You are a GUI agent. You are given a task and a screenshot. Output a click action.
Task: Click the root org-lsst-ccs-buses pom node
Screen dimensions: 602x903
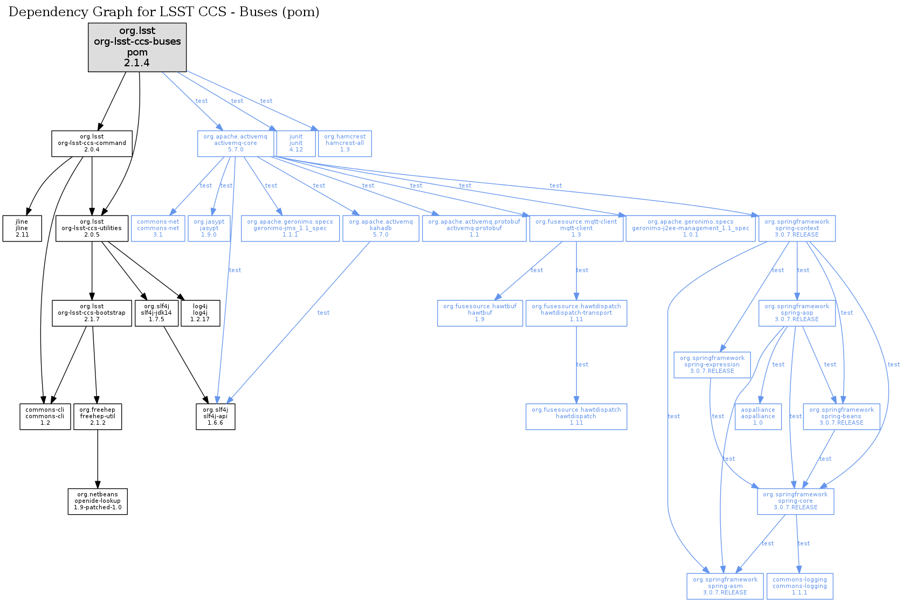[x=137, y=47]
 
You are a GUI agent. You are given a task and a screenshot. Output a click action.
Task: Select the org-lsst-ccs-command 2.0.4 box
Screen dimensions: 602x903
[x=92, y=143]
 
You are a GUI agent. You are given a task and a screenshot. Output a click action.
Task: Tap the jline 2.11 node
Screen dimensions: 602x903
[x=22, y=228]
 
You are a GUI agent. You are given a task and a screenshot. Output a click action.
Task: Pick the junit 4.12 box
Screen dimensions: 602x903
[x=296, y=143]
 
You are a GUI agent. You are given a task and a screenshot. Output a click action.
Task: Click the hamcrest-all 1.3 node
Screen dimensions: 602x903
[x=344, y=143]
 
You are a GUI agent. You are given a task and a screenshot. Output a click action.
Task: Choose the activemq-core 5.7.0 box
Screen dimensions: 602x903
[x=235, y=143]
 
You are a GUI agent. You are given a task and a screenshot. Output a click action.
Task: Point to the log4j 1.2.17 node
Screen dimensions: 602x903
[x=200, y=313]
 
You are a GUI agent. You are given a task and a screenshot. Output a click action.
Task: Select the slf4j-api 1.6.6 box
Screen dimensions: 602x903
[x=215, y=417]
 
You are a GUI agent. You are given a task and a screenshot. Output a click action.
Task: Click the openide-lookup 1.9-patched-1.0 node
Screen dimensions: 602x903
[x=98, y=501]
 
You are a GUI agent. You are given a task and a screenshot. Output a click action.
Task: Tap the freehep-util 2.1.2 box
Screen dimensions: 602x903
[x=98, y=417]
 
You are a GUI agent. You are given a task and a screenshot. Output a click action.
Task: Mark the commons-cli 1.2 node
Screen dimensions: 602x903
[x=45, y=417]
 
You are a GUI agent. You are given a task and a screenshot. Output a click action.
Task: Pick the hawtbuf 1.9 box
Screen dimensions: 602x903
[x=480, y=313]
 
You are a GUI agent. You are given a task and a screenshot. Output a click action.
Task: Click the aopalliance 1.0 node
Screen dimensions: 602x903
[x=757, y=417]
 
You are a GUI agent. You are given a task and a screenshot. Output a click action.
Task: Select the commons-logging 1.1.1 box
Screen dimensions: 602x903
[x=799, y=586]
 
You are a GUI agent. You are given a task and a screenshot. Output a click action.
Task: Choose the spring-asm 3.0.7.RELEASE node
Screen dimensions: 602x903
[x=725, y=586]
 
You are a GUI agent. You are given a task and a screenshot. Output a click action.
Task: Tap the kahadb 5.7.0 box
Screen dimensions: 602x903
[x=381, y=228]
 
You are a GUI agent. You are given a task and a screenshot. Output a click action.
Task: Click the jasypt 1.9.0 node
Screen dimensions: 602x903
[x=209, y=228]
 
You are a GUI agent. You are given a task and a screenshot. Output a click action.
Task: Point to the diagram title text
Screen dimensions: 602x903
[x=164, y=12]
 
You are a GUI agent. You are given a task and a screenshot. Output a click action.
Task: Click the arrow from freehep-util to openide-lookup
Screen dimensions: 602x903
[x=98, y=459]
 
